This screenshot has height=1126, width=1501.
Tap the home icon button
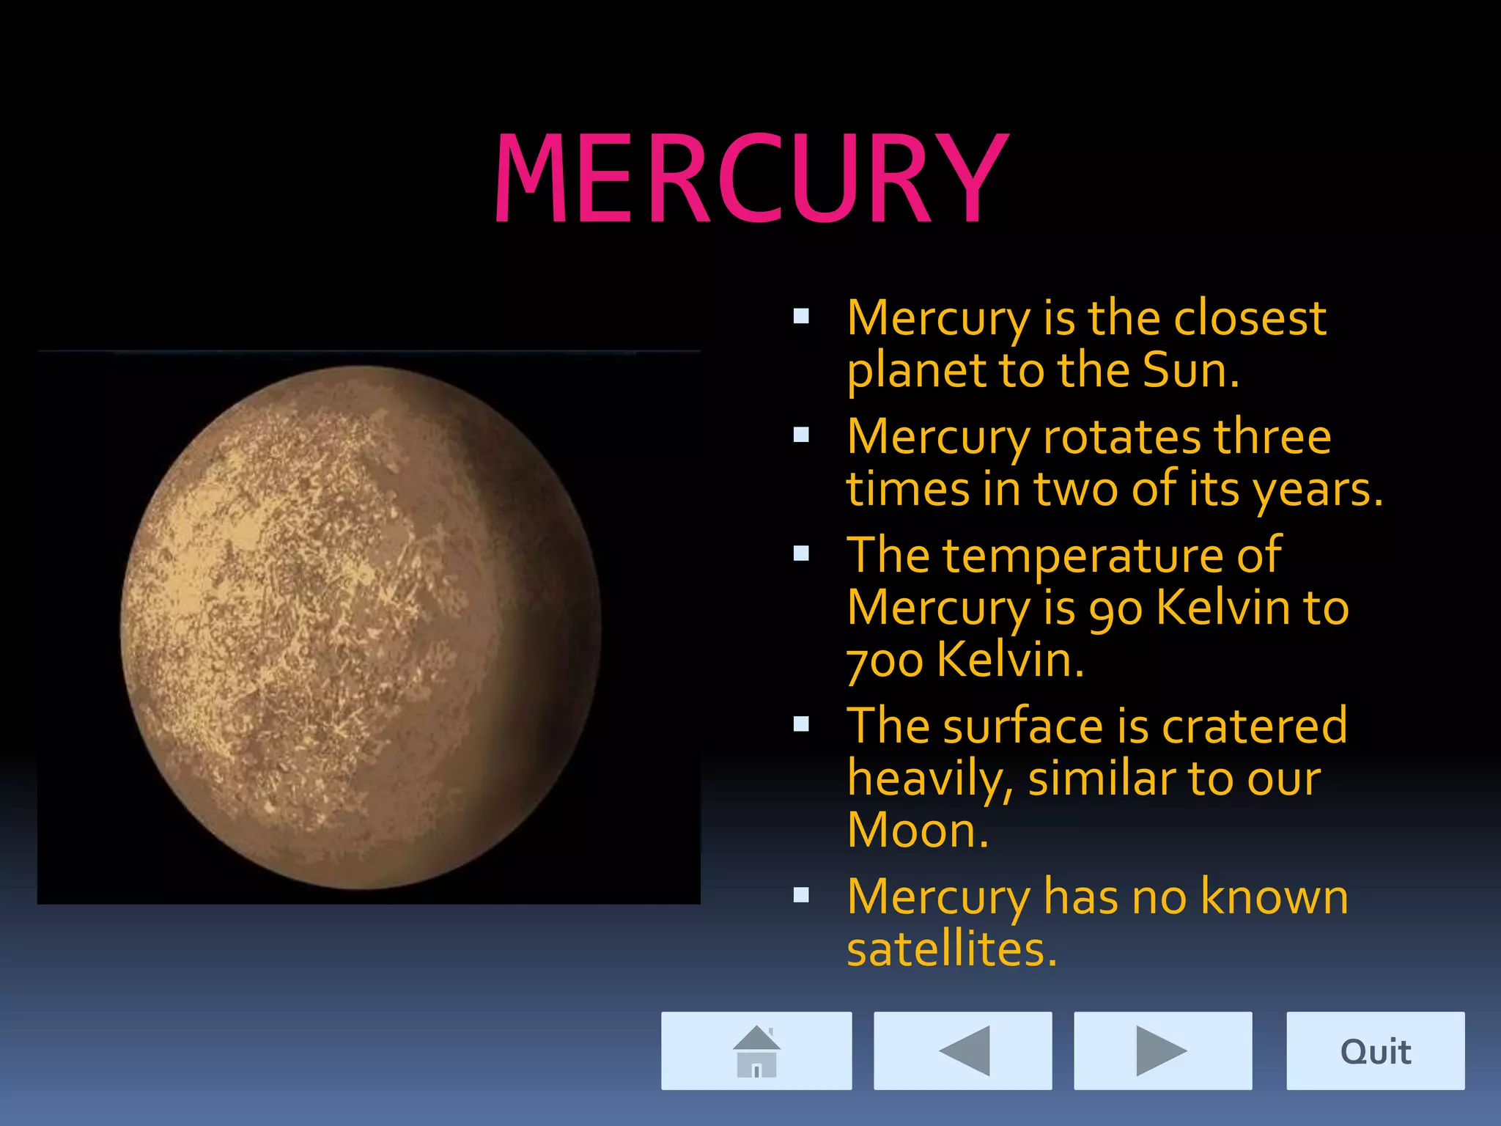pos(756,1050)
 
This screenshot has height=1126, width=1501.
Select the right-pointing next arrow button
pos(1162,1050)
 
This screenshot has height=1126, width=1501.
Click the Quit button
pos(1375,1051)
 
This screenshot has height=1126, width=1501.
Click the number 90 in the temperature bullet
pos(1115,608)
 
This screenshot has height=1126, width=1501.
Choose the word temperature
pos(1083,555)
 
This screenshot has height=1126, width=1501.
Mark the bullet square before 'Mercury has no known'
pos(801,895)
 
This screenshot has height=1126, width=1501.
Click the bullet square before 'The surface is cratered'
pos(801,724)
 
